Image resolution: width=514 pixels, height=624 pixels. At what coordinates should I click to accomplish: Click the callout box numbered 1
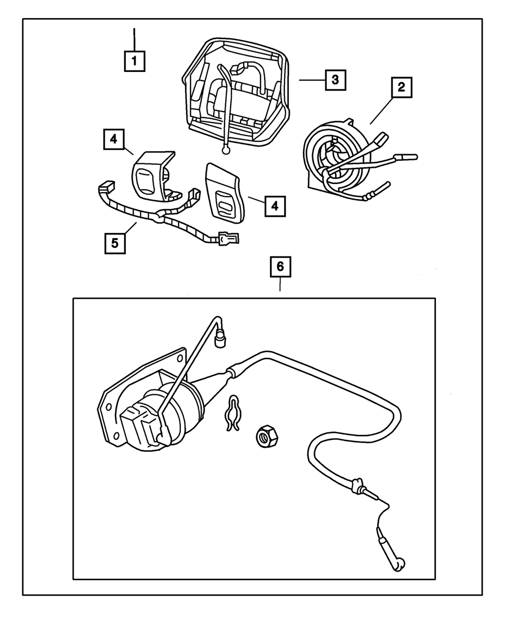point(134,61)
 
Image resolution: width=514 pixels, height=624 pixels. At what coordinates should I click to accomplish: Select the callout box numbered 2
point(401,87)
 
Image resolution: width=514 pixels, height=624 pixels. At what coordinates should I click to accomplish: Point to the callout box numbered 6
point(280,266)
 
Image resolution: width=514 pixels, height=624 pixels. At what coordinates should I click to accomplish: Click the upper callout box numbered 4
point(113,139)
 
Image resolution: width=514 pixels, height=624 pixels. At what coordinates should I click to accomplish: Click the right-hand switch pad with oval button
point(224,190)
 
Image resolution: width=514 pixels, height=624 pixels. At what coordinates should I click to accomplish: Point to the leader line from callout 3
point(311,80)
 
